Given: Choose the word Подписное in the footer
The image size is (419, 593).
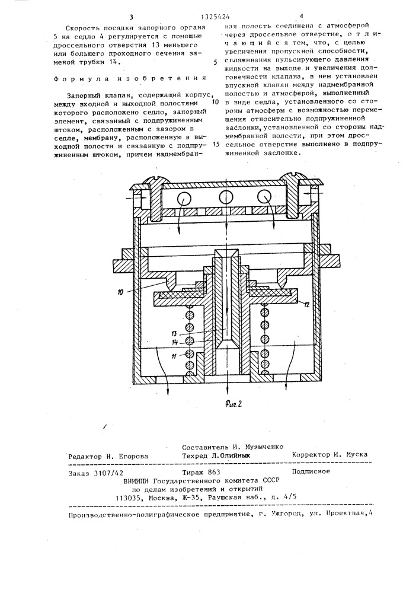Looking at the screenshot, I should pos(312,472).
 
